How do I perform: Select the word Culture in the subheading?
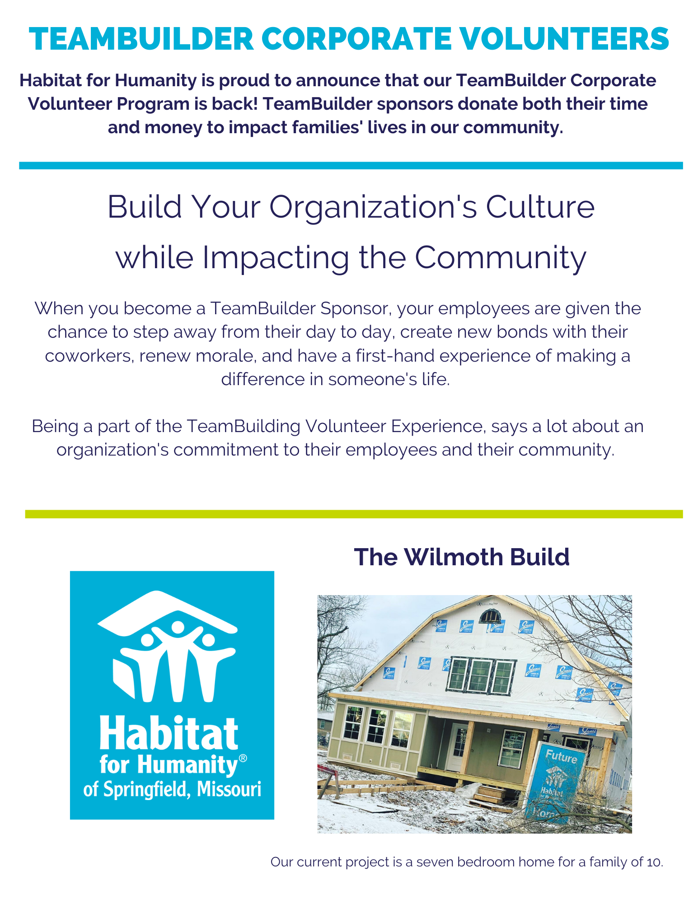(x=540, y=207)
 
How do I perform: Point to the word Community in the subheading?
(x=501, y=258)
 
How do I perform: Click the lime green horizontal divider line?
(x=354, y=514)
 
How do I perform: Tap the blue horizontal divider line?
(x=351, y=166)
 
